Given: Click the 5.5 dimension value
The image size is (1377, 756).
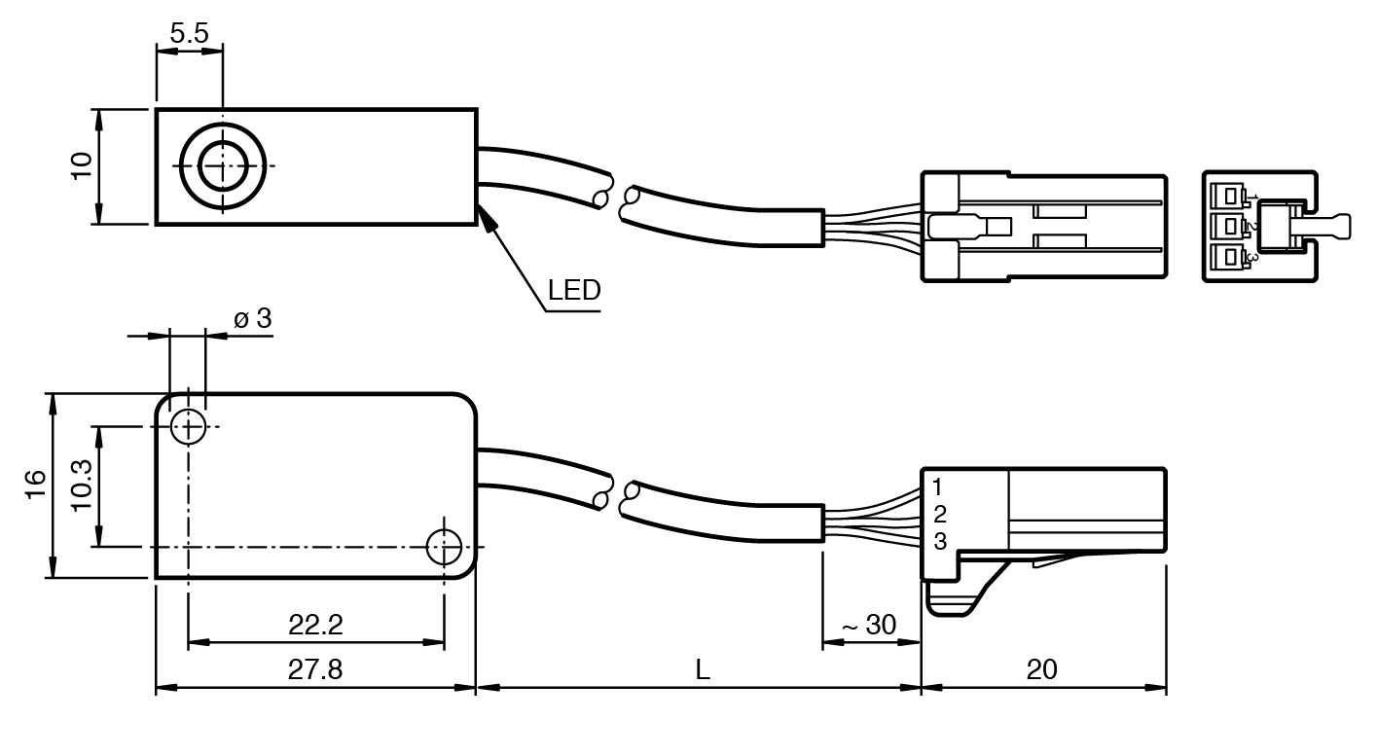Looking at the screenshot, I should click(189, 33).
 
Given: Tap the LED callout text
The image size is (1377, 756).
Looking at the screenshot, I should click(574, 290).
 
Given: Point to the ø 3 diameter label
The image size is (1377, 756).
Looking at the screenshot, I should click(252, 318).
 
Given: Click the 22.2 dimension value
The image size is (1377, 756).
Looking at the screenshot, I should click(315, 625).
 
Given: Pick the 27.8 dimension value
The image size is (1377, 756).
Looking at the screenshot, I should click(315, 670).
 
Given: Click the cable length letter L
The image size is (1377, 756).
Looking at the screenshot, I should click(703, 670).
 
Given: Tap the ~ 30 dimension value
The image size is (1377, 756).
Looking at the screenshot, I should click(868, 625).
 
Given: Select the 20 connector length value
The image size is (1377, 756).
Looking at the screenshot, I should click(1041, 670).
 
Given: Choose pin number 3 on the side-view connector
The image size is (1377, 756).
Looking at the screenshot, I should click(939, 542).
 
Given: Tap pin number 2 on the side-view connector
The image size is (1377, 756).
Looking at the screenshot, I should click(939, 515).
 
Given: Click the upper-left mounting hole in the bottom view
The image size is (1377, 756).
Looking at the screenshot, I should click(187, 426).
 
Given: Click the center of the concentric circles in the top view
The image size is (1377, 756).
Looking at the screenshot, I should click(223, 166).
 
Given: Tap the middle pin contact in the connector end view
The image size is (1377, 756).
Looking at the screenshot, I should click(1233, 227).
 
